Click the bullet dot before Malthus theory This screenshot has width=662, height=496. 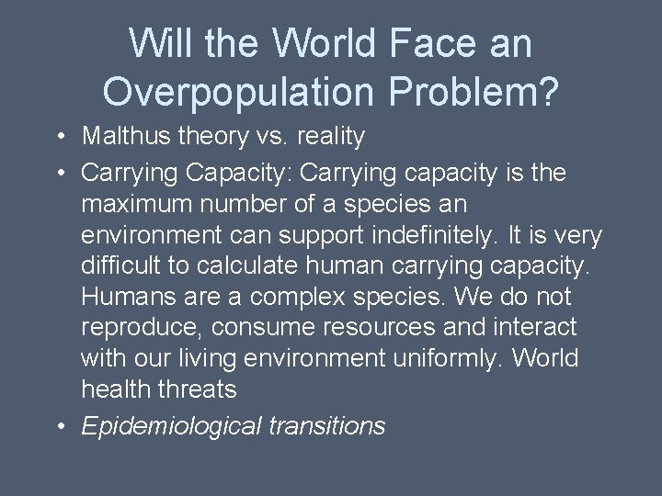pyautogui.click(x=58, y=137)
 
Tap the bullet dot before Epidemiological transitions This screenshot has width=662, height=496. pyautogui.click(x=58, y=426)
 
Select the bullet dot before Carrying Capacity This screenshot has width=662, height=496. pyautogui.click(x=58, y=173)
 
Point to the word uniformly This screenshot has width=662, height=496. pyautogui.click(x=432, y=359)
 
